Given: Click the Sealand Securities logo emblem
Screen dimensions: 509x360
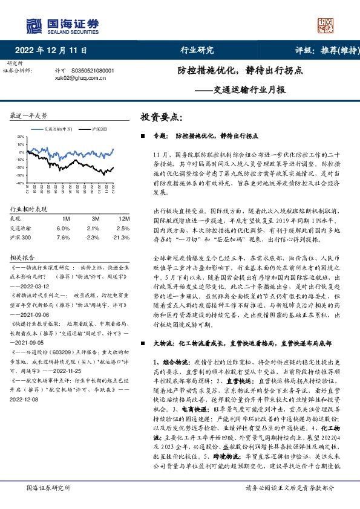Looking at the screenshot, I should click(33, 25).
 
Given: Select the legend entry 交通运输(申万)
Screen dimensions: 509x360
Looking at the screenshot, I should click(57, 129).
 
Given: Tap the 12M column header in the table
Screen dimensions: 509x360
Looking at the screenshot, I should click(125, 218).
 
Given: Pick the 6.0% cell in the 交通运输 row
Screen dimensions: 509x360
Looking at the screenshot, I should click(63, 229).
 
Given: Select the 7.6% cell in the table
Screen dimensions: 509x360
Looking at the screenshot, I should click(63, 238).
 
